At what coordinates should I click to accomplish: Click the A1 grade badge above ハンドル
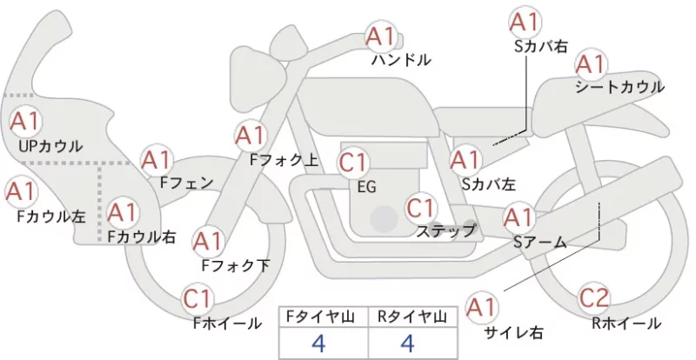pyautogui.click(x=381, y=37)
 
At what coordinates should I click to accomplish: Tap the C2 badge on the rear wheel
pyautogui.click(x=595, y=298)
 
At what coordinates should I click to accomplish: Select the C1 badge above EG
pyautogui.click(x=353, y=163)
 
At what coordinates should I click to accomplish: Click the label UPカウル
pyautogui.click(x=50, y=146)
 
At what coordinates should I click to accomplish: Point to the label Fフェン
pyautogui.click(x=186, y=183)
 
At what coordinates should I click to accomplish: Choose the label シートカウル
pyautogui.click(x=619, y=87)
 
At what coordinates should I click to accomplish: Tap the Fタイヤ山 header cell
pyautogui.click(x=323, y=317)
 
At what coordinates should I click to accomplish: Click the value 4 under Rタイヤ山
pyautogui.click(x=407, y=343)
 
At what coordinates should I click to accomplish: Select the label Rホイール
pyautogui.click(x=626, y=323)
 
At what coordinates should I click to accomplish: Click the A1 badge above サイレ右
pyautogui.click(x=482, y=306)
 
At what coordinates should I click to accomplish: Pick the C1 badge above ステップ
pyautogui.click(x=421, y=208)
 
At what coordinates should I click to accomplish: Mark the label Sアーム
pyautogui.click(x=539, y=243)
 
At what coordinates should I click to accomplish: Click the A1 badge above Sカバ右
pyautogui.click(x=525, y=23)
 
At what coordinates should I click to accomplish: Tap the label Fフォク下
pyautogui.click(x=236, y=265)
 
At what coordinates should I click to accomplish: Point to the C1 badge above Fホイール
pyautogui.click(x=197, y=299)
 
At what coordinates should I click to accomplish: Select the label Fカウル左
pyautogui.click(x=51, y=217)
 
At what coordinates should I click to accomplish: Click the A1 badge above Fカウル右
pyautogui.click(x=122, y=213)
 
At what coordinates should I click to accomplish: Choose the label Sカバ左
pyautogui.click(x=489, y=183)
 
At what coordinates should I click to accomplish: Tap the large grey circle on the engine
pyautogui.click(x=385, y=219)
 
